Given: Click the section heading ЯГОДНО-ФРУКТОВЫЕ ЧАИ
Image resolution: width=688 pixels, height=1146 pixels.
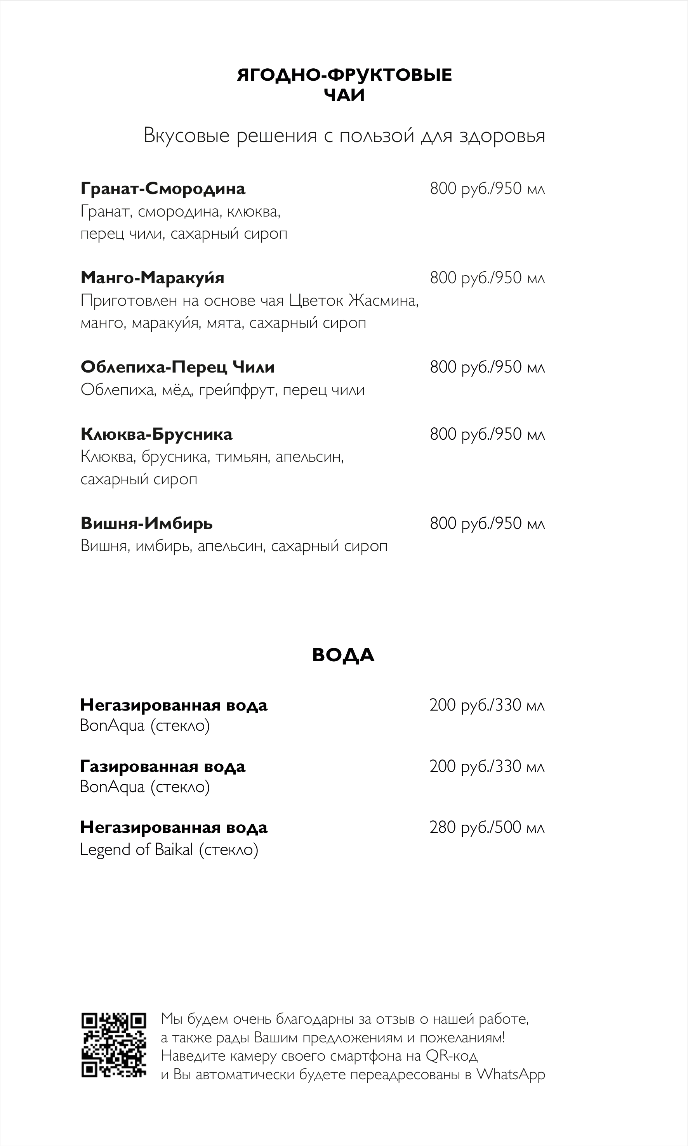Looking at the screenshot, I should (x=344, y=85).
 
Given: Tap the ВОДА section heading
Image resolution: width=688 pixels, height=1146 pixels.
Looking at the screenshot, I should (x=343, y=655).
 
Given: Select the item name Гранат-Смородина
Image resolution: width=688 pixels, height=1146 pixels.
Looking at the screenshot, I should (x=163, y=189).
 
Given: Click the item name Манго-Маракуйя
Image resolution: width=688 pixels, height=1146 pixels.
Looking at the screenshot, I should (x=152, y=277).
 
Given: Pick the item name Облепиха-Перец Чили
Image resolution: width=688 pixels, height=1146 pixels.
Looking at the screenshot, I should (x=177, y=367).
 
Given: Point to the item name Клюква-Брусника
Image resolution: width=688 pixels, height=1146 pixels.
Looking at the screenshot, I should (x=156, y=434).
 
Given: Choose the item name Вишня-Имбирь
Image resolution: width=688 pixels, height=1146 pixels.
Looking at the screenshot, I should (x=146, y=523).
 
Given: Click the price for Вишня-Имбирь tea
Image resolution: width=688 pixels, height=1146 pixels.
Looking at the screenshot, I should (x=487, y=523).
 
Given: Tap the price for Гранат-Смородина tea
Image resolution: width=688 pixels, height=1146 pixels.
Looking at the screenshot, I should (x=487, y=189).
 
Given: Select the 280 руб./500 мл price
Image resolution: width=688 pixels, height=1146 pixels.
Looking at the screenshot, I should (x=487, y=827).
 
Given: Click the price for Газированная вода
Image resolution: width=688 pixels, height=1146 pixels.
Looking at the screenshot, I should (x=487, y=766).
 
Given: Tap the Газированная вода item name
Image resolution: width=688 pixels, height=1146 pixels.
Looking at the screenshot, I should (x=162, y=766).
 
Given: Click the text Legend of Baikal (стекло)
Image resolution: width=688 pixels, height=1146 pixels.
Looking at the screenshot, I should (x=169, y=850).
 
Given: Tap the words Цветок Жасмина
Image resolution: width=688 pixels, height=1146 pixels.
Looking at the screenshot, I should (x=353, y=301).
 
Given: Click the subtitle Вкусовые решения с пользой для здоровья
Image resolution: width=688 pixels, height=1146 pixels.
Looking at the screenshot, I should (x=344, y=136).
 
